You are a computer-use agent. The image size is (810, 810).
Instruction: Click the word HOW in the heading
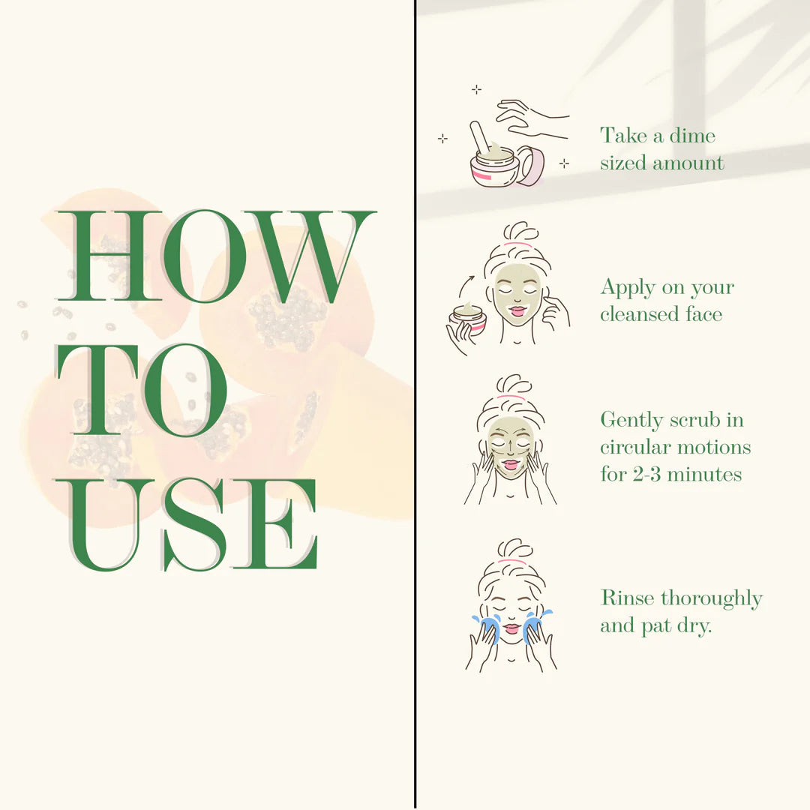click(217, 256)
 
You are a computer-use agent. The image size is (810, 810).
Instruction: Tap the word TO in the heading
click(142, 391)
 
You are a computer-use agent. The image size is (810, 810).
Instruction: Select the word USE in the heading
click(187, 525)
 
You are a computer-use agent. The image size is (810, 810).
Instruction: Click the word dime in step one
click(693, 135)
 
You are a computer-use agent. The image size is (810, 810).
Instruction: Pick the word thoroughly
click(712, 599)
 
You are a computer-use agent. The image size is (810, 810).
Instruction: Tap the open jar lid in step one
click(530, 165)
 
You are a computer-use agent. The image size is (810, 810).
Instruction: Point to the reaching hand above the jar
click(532, 119)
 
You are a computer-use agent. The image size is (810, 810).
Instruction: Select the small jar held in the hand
click(468, 319)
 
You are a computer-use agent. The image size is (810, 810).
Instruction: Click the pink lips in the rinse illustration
click(511, 628)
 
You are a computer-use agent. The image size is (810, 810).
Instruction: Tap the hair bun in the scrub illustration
click(514, 385)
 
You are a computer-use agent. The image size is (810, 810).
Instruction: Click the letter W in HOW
click(310, 256)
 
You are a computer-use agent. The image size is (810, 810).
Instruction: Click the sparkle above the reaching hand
click(476, 90)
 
